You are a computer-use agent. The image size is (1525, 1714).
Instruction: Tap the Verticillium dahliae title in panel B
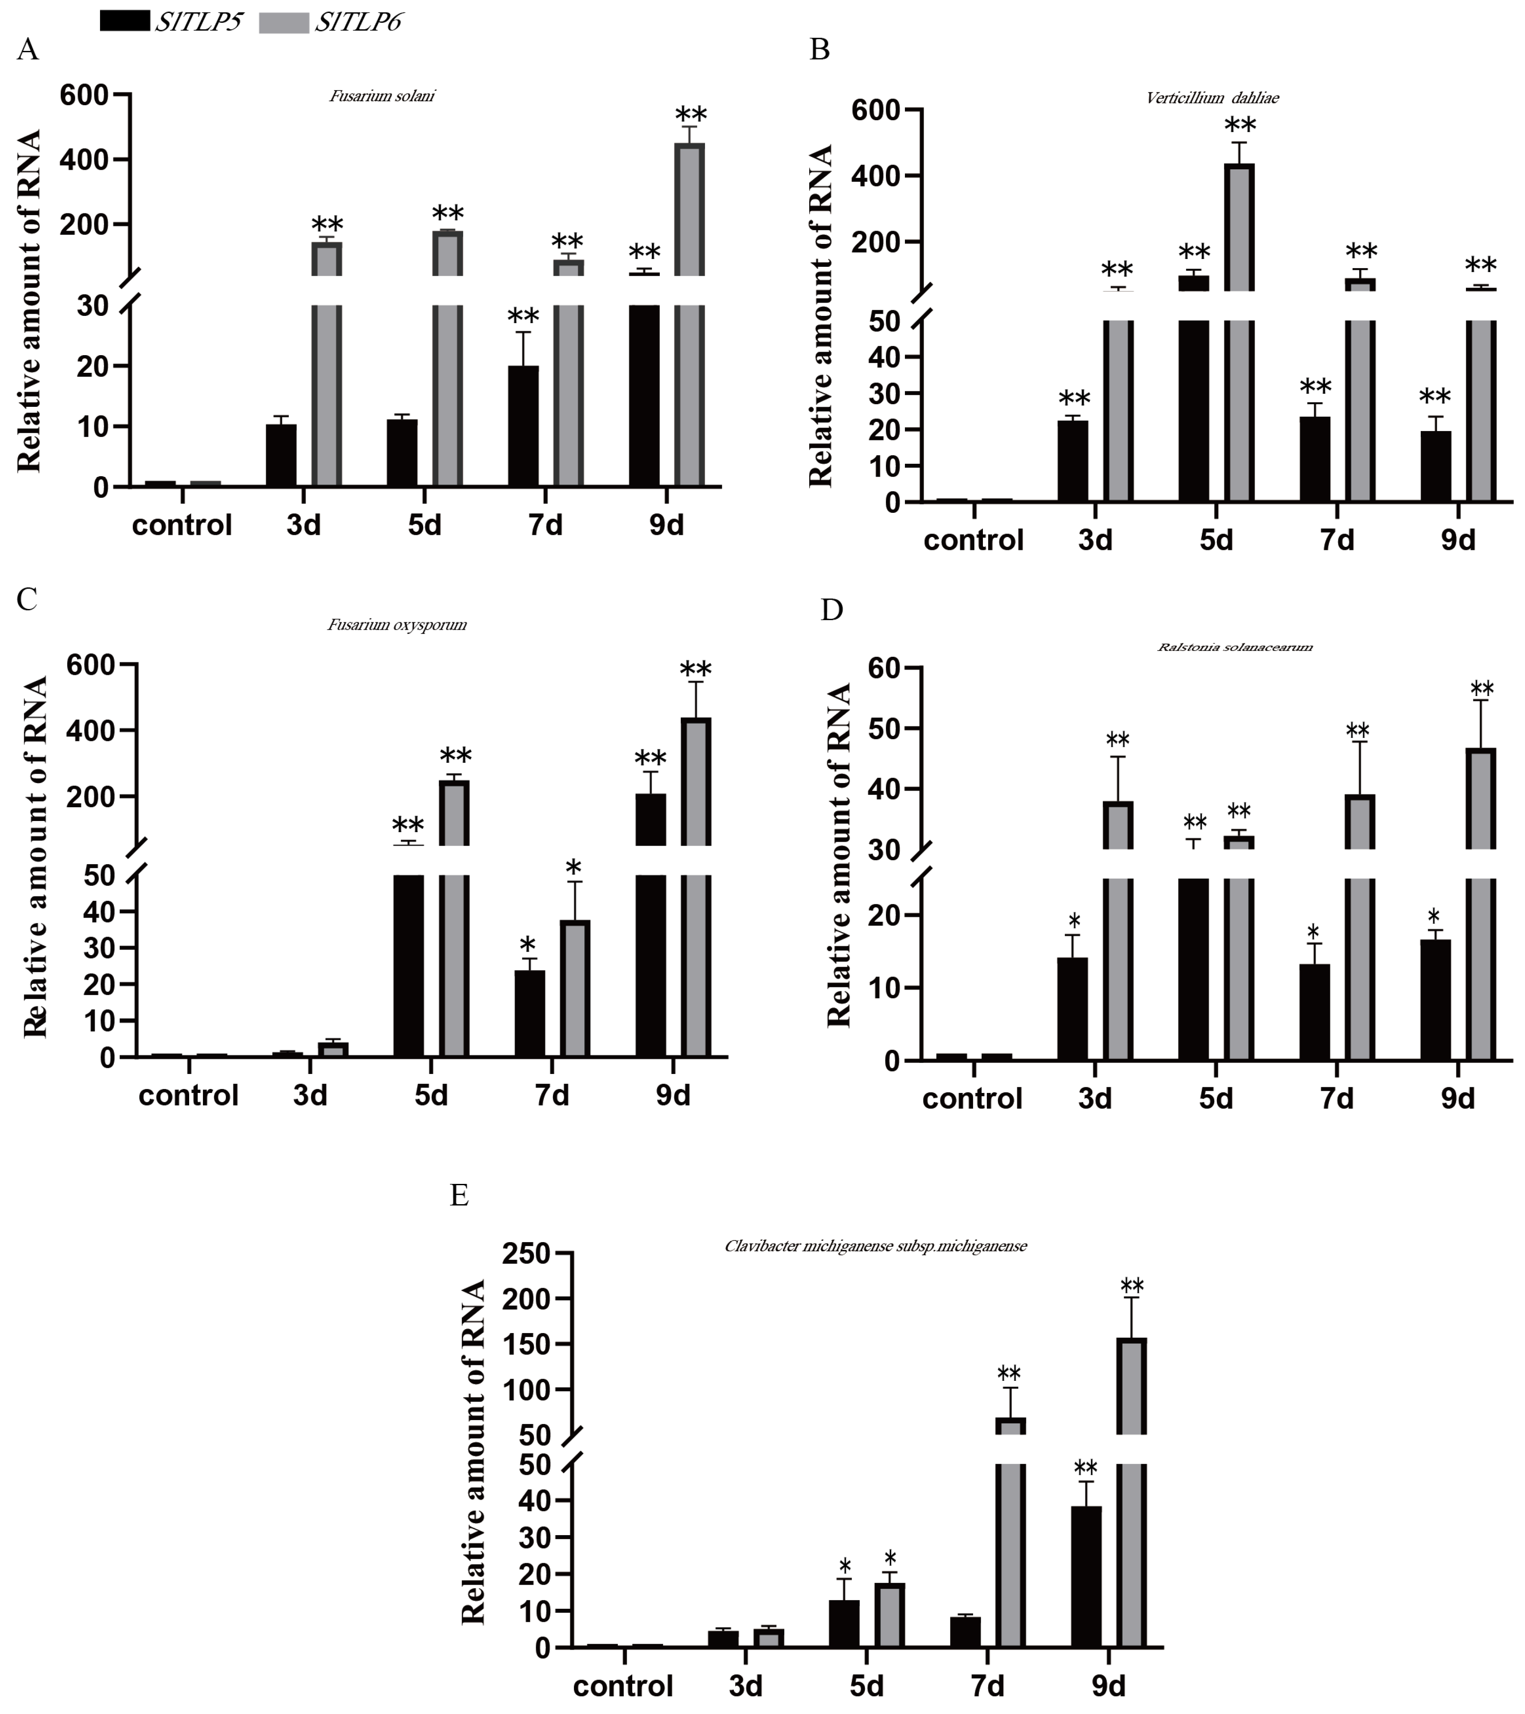(1212, 98)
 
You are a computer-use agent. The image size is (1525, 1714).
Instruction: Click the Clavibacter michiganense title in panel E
(875, 1246)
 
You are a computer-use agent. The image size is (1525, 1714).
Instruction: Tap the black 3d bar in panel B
(1073, 461)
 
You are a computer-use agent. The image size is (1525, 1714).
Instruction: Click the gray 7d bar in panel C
(575, 988)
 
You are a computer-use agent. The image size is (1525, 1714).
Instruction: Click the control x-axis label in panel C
(189, 1095)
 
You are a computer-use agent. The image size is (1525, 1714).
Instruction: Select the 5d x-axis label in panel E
(866, 1686)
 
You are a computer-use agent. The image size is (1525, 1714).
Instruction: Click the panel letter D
(831, 610)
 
